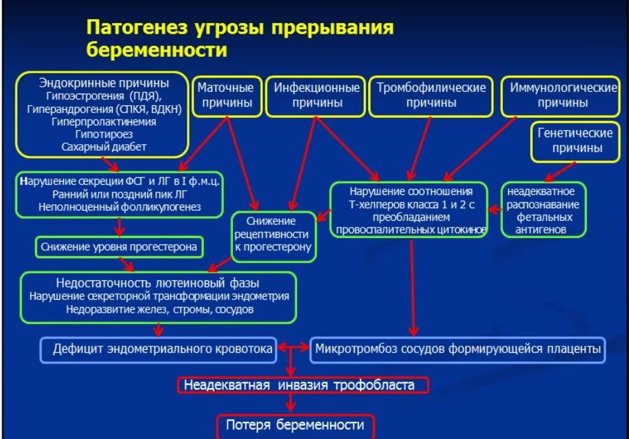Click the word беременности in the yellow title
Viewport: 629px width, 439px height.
pyautogui.click(x=156, y=50)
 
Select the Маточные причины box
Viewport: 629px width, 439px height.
pyautogui.click(x=226, y=95)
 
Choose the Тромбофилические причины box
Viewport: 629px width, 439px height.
pyautogui.click(x=431, y=95)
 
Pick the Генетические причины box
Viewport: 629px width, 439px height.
pyautogui.click(x=576, y=141)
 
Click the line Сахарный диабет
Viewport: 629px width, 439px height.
pyautogui.click(x=104, y=147)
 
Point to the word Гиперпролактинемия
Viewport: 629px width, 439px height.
pyautogui.click(x=104, y=122)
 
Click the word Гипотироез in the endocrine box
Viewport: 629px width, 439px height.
pyautogui.click(x=104, y=134)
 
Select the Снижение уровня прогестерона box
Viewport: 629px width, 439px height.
pyautogui.click(x=119, y=247)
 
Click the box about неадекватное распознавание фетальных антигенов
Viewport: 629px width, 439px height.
pyautogui.click(x=543, y=209)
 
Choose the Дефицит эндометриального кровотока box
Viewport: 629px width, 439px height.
pyautogui.click(x=158, y=349)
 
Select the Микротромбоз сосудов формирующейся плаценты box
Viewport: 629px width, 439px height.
pyautogui.click(x=457, y=349)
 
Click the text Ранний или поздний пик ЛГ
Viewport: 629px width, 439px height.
pyautogui.click(x=119, y=194)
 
